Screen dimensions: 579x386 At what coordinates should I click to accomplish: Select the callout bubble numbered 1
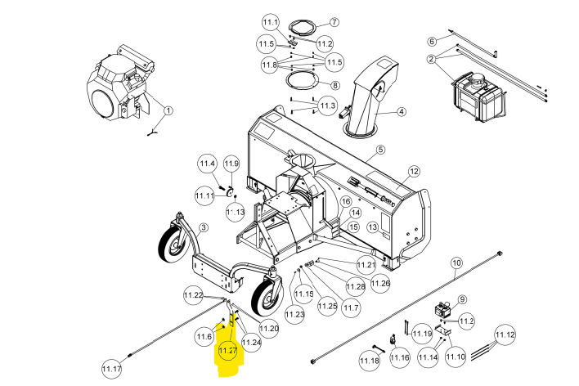(x=168, y=110)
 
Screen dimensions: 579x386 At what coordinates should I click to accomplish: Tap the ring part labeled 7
(x=303, y=27)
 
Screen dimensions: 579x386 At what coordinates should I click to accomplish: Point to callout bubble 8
(x=335, y=85)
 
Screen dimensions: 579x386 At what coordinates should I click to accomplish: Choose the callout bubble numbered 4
(x=402, y=111)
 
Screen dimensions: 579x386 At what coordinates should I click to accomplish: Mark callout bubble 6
(x=432, y=41)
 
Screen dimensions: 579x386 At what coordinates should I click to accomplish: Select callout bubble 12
(x=415, y=172)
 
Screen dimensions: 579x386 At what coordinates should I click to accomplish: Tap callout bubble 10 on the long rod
(x=457, y=263)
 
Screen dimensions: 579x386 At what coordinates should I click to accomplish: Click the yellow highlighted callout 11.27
(x=227, y=351)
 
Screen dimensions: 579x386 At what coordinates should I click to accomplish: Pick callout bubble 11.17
(x=112, y=369)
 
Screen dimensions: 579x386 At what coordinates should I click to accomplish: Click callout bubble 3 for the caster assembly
(x=204, y=227)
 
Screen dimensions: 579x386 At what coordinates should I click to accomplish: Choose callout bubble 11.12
(x=505, y=335)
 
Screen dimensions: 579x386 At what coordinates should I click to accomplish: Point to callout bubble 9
(x=462, y=299)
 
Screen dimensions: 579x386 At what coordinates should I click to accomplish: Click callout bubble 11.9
(x=231, y=164)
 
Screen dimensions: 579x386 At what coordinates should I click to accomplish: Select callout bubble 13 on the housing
(x=373, y=227)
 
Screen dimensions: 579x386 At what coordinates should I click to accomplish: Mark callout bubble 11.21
(x=366, y=265)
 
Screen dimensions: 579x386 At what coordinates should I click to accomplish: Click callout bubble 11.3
(x=327, y=106)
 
